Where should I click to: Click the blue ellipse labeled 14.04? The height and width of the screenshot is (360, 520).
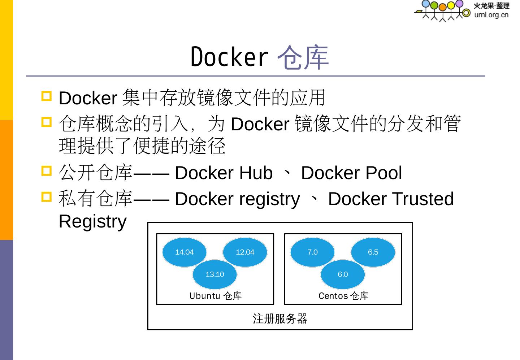(x=184, y=252)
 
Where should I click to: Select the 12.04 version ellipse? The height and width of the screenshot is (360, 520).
(x=245, y=252)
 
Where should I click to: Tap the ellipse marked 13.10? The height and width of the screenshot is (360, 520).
(x=214, y=274)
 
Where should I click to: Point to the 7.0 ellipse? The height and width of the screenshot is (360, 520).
(x=312, y=252)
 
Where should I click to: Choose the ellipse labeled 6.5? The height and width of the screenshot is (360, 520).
(x=373, y=252)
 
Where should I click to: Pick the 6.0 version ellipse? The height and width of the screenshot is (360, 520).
(x=343, y=274)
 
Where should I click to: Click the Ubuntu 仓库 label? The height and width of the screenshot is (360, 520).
(x=215, y=296)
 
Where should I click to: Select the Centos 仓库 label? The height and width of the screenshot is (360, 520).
(x=343, y=296)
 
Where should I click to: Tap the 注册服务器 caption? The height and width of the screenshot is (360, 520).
(x=280, y=319)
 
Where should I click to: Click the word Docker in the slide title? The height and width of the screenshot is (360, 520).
(x=229, y=57)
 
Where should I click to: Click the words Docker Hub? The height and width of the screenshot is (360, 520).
(x=224, y=173)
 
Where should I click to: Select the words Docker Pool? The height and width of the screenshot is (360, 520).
(x=351, y=173)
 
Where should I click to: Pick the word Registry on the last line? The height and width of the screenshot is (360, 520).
(x=92, y=221)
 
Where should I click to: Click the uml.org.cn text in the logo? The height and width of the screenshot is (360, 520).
(x=491, y=15)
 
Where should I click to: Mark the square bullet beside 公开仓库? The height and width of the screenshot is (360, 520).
(x=47, y=170)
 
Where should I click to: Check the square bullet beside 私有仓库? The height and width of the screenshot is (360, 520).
(x=47, y=196)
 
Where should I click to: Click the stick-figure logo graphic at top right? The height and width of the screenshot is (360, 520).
(x=443, y=10)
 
